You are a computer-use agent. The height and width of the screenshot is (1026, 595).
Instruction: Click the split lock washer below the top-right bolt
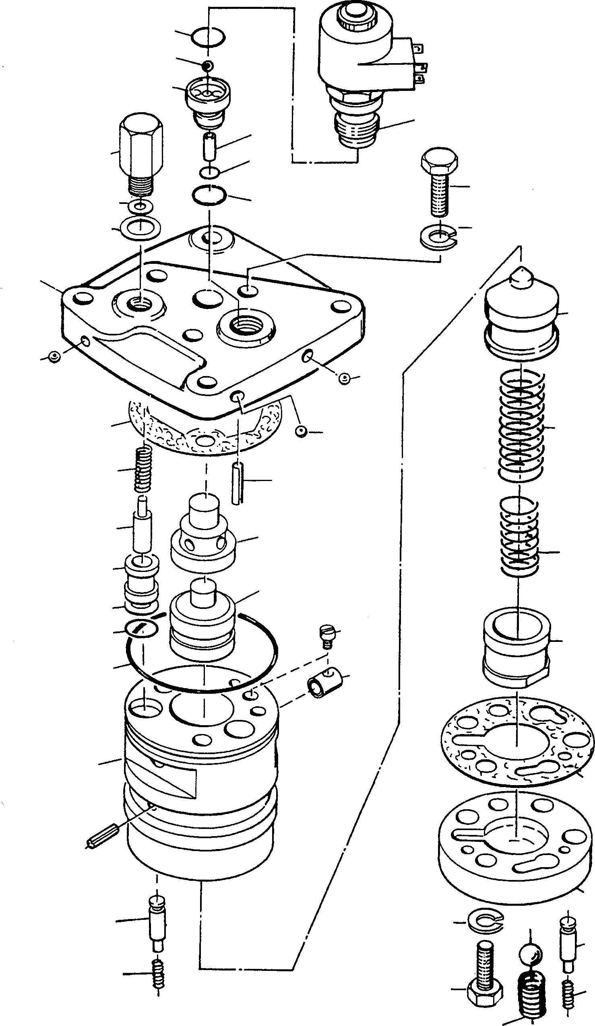[438, 239]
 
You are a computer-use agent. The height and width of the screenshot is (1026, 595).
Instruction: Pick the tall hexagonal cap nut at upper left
[141, 151]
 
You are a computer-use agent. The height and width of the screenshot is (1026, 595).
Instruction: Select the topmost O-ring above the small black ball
[208, 37]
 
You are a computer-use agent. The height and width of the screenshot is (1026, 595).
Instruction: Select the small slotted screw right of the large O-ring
[326, 635]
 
